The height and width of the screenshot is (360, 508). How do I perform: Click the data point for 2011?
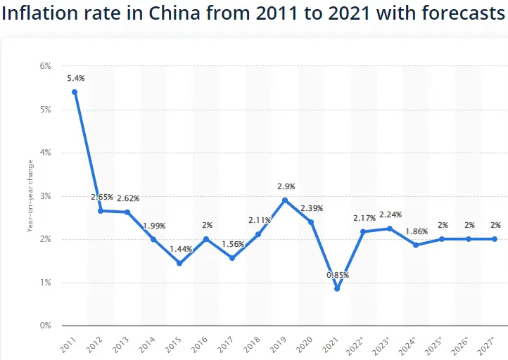pyautogui.click(x=75, y=92)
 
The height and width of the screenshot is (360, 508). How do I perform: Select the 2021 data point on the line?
pyautogui.click(x=337, y=288)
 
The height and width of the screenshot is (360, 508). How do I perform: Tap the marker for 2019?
pyautogui.click(x=285, y=200)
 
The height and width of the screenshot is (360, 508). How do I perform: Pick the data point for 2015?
pyautogui.click(x=179, y=263)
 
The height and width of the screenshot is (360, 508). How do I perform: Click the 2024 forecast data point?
pyautogui.click(x=416, y=245)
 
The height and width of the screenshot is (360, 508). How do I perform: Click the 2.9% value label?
pyautogui.click(x=286, y=186)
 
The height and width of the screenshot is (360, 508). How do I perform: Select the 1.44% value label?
pyautogui.click(x=181, y=250)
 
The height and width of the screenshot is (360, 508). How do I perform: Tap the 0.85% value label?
pyautogui.click(x=337, y=275)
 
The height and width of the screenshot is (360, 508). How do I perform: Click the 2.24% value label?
pyautogui.click(x=390, y=214)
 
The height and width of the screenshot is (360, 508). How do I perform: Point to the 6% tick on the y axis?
pyautogui.click(x=46, y=66)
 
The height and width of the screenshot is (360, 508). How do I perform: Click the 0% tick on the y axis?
pyautogui.click(x=46, y=326)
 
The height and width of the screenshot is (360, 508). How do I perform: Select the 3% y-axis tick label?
pyautogui.click(x=46, y=196)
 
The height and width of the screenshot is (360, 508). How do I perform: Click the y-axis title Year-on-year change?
pyautogui.click(x=30, y=196)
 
